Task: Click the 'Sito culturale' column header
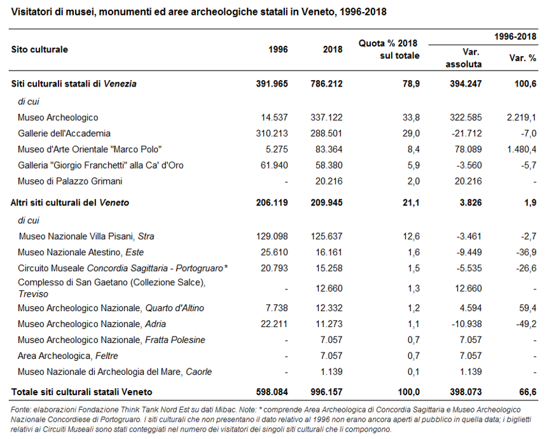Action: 39,50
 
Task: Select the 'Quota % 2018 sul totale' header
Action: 389,49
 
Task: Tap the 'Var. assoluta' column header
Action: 464,59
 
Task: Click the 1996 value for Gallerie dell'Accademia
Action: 272,134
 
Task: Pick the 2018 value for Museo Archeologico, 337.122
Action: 326,117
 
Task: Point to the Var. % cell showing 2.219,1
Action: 521,117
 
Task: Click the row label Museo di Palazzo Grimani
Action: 70,181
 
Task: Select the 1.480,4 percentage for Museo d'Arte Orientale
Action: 521,150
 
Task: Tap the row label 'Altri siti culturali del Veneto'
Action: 70,203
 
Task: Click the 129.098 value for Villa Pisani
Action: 272,236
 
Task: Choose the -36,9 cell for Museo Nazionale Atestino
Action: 526,253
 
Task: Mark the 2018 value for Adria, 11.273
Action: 329,324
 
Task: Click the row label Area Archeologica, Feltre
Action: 68,356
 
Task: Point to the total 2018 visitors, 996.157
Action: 326,392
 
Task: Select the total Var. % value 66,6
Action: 527,392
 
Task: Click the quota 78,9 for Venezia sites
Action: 411,84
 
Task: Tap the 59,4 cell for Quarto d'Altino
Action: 527,308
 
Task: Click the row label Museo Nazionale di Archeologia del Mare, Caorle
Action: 114,372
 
